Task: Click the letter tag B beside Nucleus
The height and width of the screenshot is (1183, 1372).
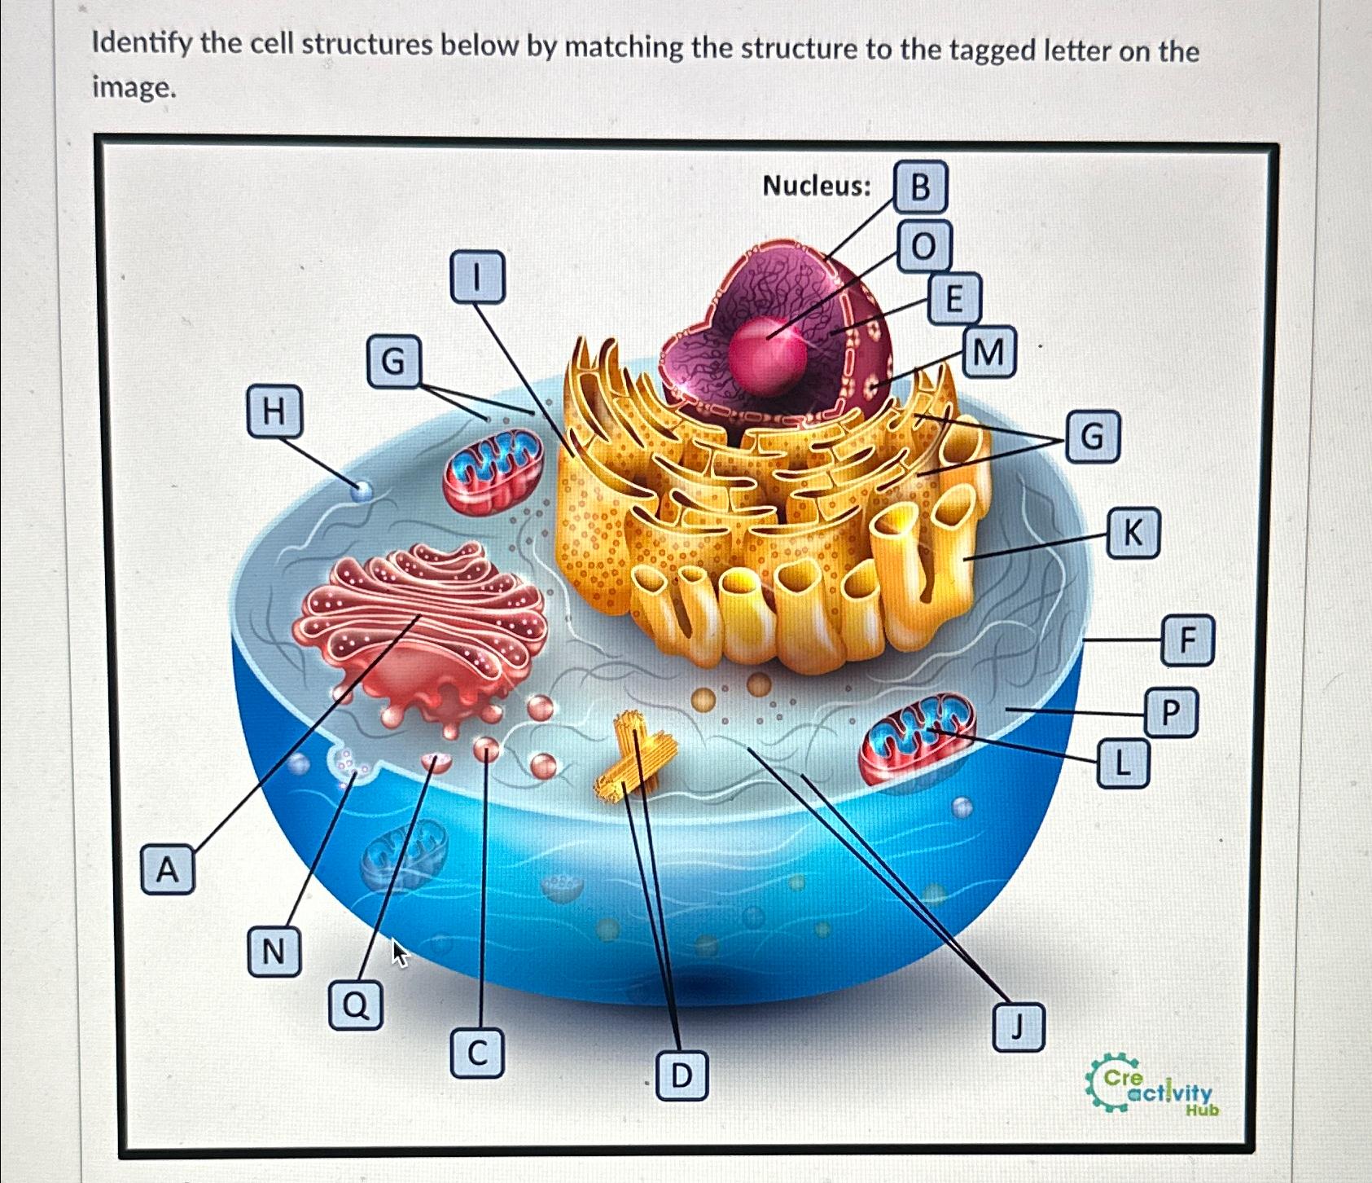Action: click(x=920, y=187)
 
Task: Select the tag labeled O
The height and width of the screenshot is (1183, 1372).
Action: click(x=923, y=245)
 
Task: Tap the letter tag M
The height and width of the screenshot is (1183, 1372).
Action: click(x=988, y=353)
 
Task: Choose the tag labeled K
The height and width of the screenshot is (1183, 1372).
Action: click(x=1133, y=534)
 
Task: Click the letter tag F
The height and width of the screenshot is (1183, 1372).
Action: click(x=1188, y=641)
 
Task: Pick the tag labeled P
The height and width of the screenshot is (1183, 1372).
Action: click(x=1170, y=713)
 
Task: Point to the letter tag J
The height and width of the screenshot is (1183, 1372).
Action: click(x=1018, y=1027)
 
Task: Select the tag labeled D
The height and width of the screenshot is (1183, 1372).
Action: click(x=681, y=1075)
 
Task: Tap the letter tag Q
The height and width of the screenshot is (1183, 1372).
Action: click(x=356, y=1005)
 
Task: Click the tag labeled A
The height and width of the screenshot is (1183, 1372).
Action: click(x=167, y=870)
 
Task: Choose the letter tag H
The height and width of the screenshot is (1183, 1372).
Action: click(x=274, y=411)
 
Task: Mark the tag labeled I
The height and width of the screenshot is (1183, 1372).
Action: click(x=477, y=277)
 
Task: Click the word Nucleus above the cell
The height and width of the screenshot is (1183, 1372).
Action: click(x=816, y=187)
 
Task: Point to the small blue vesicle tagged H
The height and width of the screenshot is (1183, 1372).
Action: click(x=361, y=490)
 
